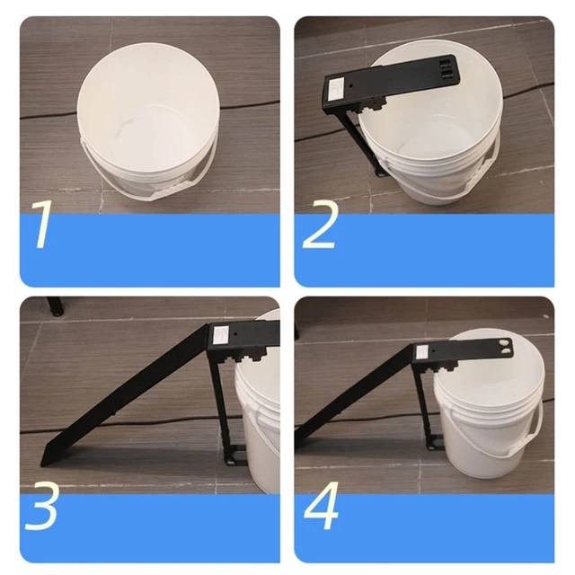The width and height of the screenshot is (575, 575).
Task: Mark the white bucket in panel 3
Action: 259,413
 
